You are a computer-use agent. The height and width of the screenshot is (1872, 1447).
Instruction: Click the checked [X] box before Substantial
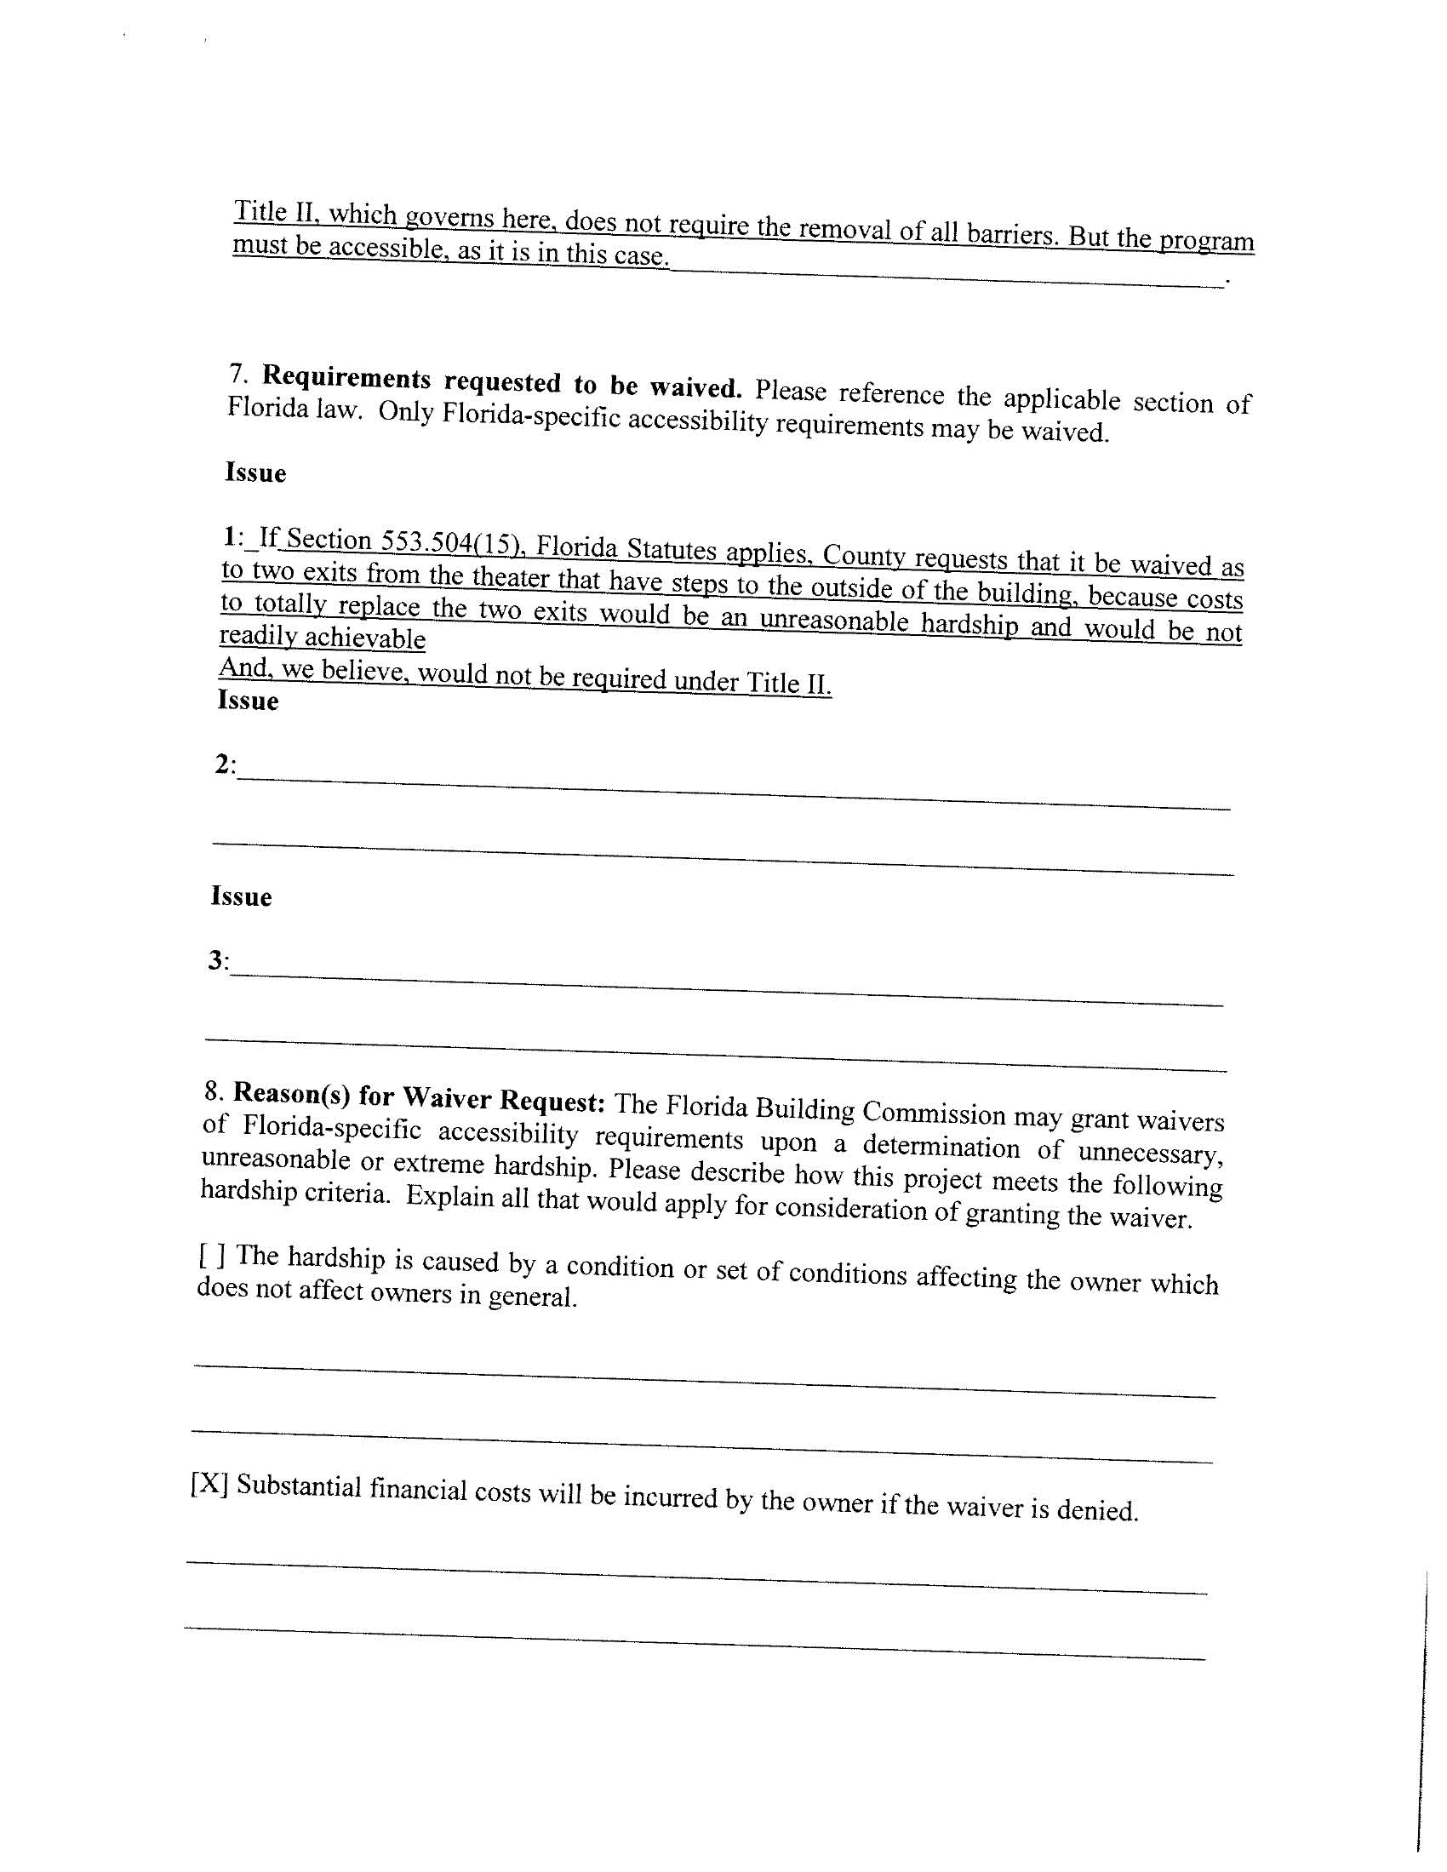tap(209, 1483)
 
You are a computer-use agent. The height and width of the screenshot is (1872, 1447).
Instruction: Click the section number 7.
tap(237, 374)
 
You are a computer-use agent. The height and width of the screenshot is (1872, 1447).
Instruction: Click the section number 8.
tap(214, 1091)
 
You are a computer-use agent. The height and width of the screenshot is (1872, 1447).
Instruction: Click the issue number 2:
tap(225, 764)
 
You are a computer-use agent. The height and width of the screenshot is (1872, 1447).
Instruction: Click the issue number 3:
tap(218, 961)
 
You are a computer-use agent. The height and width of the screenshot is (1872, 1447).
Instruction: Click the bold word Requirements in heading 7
tap(346, 378)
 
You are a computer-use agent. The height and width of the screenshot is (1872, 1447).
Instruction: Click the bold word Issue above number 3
tap(241, 896)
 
